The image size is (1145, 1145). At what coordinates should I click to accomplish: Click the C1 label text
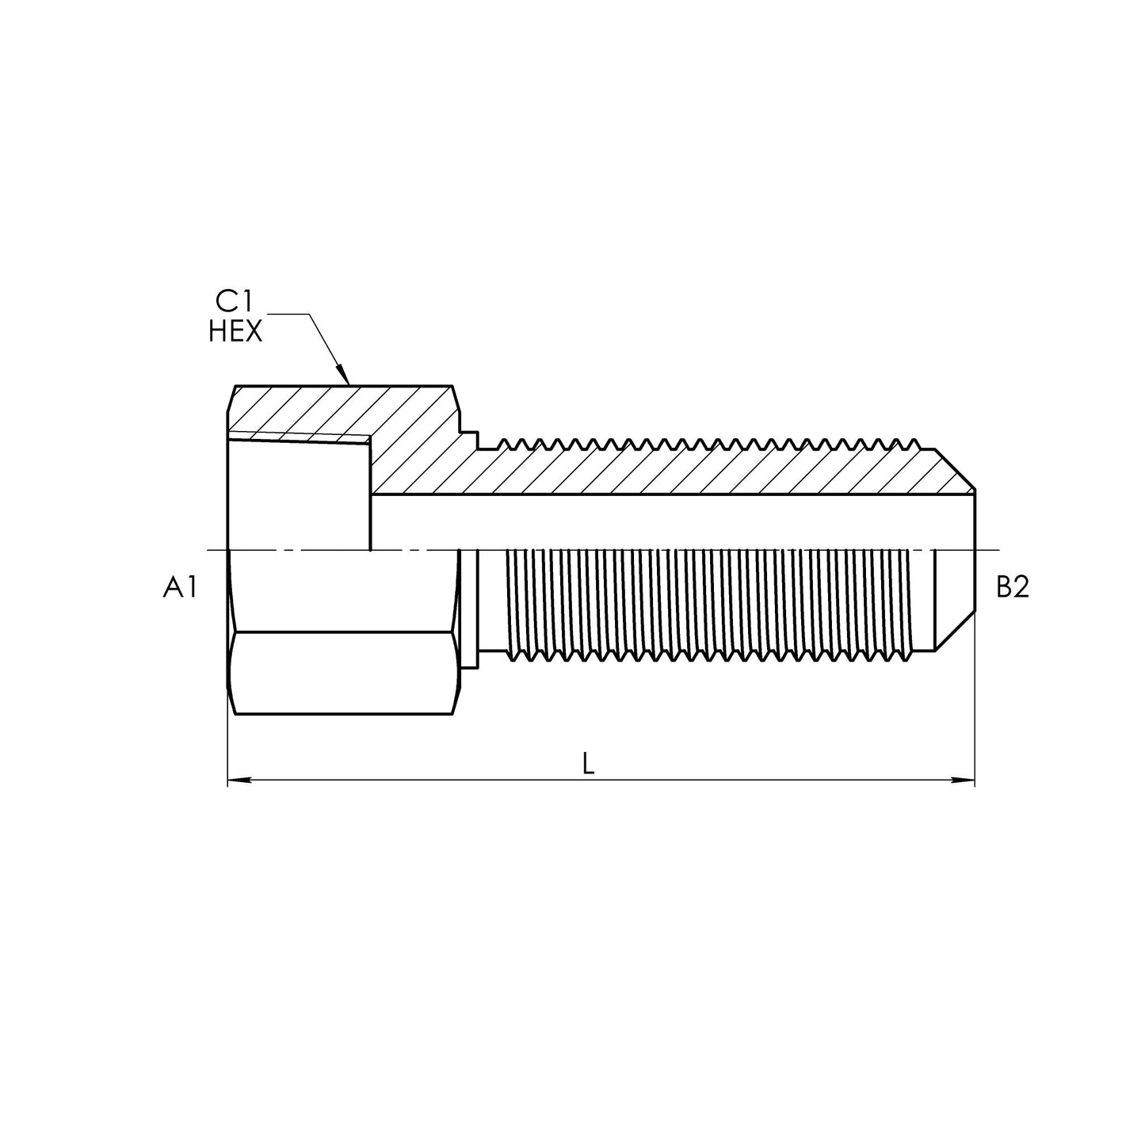235,302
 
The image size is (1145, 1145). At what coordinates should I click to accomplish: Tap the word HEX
235,332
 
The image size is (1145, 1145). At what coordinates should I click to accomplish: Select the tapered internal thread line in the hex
301,438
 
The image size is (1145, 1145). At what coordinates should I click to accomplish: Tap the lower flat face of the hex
341,674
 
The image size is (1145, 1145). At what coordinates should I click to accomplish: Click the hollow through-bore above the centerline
674,521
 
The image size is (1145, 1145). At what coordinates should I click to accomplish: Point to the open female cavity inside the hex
300,491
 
